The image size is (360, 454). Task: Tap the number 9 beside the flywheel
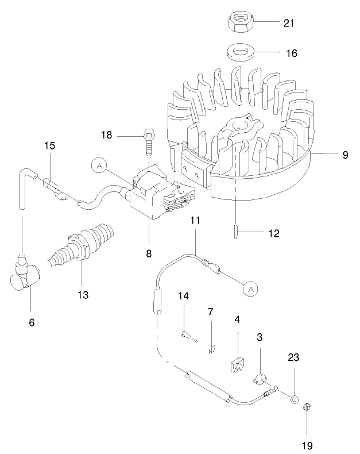click(x=345, y=155)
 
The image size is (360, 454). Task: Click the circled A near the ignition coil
click(x=100, y=166)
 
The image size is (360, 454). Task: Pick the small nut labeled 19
click(x=307, y=407)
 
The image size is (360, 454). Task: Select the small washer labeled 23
click(x=295, y=398)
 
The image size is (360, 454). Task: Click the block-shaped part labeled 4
click(x=237, y=364)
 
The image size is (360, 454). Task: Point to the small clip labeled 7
click(x=211, y=348)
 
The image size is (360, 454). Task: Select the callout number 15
click(x=50, y=145)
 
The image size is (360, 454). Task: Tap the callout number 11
click(x=195, y=221)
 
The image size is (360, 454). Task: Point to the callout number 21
click(x=289, y=24)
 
